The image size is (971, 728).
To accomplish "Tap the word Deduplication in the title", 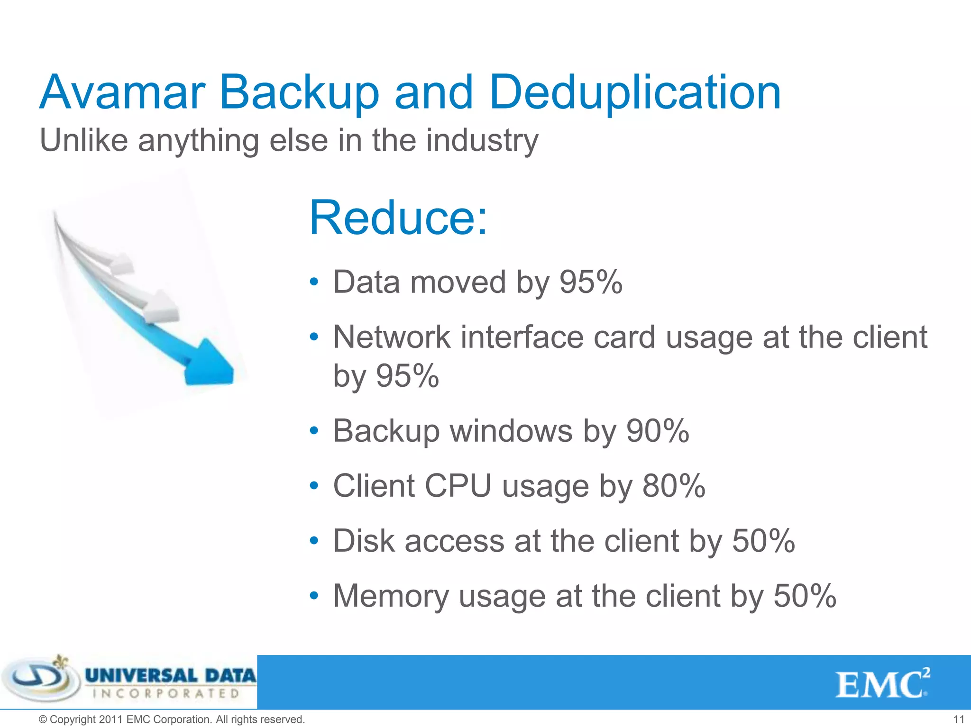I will click(x=635, y=93).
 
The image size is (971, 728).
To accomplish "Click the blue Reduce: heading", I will click(x=398, y=218).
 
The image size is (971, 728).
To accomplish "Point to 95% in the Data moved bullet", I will click(x=591, y=282).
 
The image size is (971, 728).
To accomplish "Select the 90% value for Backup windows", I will click(x=658, y=431).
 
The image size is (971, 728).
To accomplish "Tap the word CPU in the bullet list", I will click(x=458, y=486).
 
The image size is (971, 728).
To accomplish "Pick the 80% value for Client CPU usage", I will click(x=674, y=486).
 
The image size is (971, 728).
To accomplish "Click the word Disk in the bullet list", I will click(x=364, y=541).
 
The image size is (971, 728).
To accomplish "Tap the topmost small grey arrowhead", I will click(x=122, y=264).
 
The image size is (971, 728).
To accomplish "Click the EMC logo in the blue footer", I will click(x=882, y=683).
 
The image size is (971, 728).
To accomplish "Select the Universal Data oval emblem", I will click(x=40, y=681).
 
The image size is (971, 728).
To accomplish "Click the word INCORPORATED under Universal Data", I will click(x=166, y=693).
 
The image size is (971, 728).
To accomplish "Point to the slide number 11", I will click(x=959, y=719).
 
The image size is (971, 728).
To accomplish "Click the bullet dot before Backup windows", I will click(x=313, y=431).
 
